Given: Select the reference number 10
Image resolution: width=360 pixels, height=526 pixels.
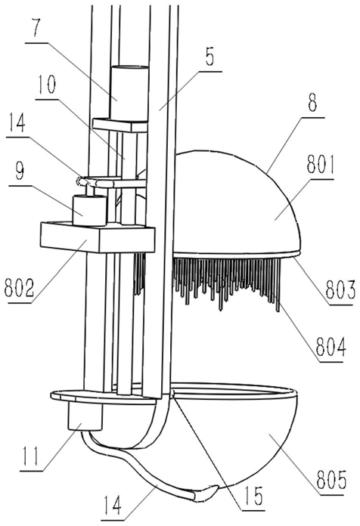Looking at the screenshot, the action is tap(46, 85).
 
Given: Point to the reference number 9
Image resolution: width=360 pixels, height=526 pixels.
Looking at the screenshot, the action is tap(20, 170).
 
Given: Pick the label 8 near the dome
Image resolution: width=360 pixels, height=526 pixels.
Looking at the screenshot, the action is tap(312, 104).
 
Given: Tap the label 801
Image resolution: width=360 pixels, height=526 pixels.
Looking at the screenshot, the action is tap(321, 166).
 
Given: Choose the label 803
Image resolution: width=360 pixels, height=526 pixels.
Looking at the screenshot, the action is tap(340, 289).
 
